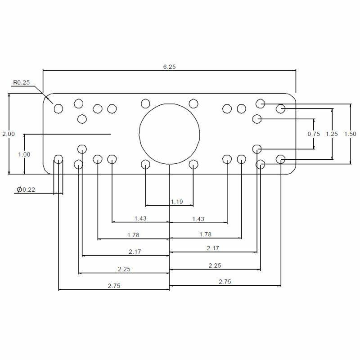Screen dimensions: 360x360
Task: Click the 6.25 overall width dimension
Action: (x=169, y=67)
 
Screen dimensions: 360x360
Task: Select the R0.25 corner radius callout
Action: (x=21, y=82)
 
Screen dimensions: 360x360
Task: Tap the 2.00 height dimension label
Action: (x=8, y=134)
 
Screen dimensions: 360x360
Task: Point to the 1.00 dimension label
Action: (x=24, y=154)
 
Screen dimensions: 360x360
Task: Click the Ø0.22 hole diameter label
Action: (x=26, y=190)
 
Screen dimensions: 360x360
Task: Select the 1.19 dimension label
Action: (x=177, y=202)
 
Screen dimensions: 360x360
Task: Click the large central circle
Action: (x=169, y=134)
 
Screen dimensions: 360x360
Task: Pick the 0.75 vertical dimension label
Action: (x=314, y=134)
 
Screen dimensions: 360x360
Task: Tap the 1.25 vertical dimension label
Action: (x=332, y=134)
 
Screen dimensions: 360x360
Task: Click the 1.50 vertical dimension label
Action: (x=350, y=134)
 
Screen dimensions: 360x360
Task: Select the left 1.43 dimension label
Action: (x=140, y=218)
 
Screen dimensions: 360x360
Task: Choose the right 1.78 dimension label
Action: (x=205, y=234)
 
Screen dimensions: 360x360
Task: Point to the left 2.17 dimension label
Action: (x=135, y=252)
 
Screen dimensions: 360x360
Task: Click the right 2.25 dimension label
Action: (x=215, y=265)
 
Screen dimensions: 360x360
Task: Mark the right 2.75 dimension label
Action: (x=225, y=282)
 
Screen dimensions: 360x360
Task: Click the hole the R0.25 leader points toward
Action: (x=58, y=108)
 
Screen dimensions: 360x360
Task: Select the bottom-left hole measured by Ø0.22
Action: (x=58, y=158)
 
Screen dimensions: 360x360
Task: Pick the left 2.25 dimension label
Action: (x=124, y=269)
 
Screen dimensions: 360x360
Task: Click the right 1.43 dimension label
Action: (x=198, y=219)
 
